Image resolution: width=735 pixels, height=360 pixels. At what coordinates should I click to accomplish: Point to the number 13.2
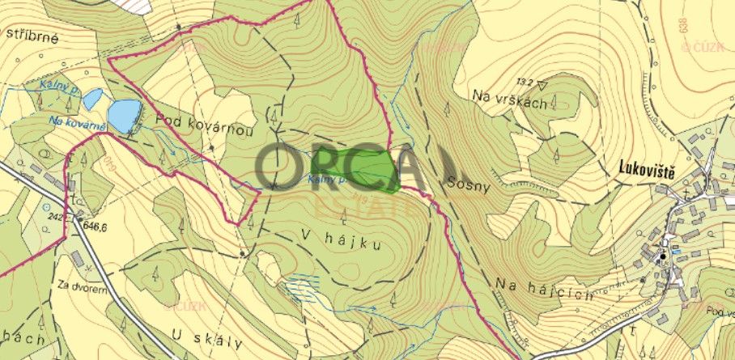526,82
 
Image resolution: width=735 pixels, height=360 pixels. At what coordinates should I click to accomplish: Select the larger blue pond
124,115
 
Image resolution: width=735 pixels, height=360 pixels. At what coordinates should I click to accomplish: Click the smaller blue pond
91,100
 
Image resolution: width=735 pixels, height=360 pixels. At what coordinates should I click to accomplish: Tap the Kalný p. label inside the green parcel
327,180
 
